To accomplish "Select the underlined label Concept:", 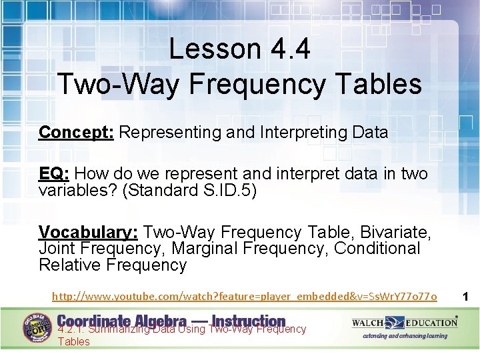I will pyautogui.click(x=77, y=133).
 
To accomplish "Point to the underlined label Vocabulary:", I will pyautogui.click(x=88, y=233).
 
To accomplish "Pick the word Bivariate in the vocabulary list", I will pyautogui.click(x=396, y=233).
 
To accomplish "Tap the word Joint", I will pyautogui.click(x=57, y=249).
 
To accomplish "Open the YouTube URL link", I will pyautogui.click(x=245, y=295).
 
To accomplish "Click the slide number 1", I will pyautogui.click(x=465, y=295).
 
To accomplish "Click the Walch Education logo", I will pyautogui.click(x=405, y=323).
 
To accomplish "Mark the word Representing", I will pyautogui.click(x=171, y=133).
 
